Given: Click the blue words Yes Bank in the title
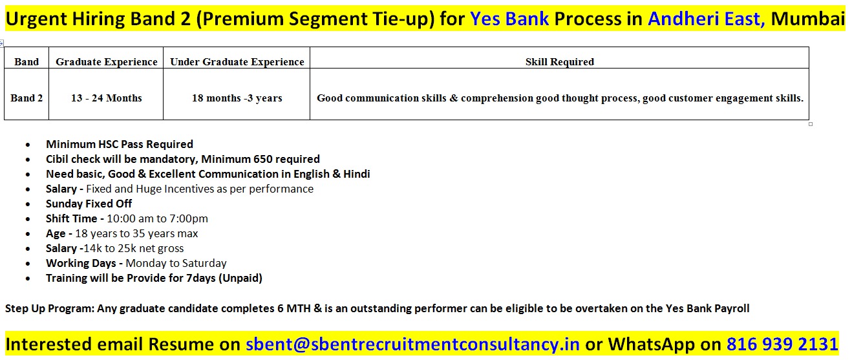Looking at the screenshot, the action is coord(509,19).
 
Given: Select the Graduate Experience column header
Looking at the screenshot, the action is coord(107,61).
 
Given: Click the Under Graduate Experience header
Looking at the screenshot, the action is coord(237,61).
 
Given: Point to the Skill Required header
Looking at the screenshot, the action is coord(560,61).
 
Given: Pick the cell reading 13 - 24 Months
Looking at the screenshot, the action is coord(107,98).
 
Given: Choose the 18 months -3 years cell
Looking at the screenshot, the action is coord(237,98).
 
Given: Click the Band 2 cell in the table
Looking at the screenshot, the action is coord(27,98).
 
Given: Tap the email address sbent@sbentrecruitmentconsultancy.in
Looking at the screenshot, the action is coord(412,344).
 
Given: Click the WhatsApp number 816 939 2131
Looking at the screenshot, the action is coord(782,344).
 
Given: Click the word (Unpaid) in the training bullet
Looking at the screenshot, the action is coord(240,279).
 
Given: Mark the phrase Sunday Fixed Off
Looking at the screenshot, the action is coord(89,204).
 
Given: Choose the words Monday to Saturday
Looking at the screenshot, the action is coord(176,263).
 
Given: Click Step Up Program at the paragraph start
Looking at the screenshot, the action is coord(49,308).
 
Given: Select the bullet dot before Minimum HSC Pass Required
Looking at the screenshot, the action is coord(28,145).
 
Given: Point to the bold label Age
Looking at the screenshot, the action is coord(56,233).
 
